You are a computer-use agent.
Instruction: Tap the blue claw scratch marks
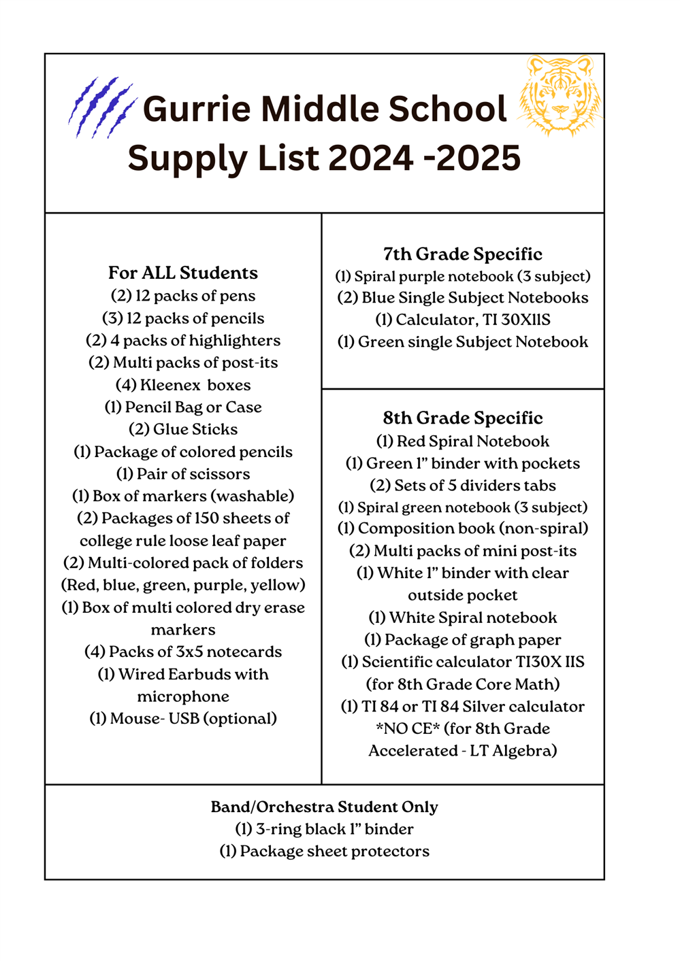pos(101,107)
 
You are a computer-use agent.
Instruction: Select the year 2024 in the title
pos(370,158)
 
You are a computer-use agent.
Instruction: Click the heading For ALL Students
pos(183,273)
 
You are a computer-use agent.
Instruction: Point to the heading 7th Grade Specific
pos(463,254)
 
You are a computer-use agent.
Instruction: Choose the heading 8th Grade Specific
pos(463,418)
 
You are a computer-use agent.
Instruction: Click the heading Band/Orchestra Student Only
pos(324,807)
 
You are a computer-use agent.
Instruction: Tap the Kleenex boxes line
pos(183,385)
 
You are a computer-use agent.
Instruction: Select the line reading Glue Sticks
pos(183,429)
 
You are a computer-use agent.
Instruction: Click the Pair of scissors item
pos(183,474)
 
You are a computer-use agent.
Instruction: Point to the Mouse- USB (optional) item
pos(183,718)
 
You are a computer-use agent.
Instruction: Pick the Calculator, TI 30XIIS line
pos(463,320)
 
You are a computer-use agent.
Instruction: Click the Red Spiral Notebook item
pos(463,441)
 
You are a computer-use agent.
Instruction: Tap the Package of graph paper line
pos(463,640)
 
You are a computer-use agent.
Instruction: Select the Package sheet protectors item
pos(324,852)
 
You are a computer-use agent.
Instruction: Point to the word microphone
pos(183,696)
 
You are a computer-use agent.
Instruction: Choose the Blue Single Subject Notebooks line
pos(463,298)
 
